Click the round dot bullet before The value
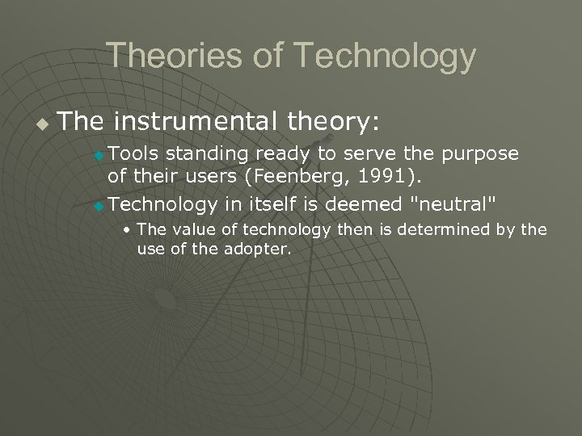[x=128, y=230]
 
